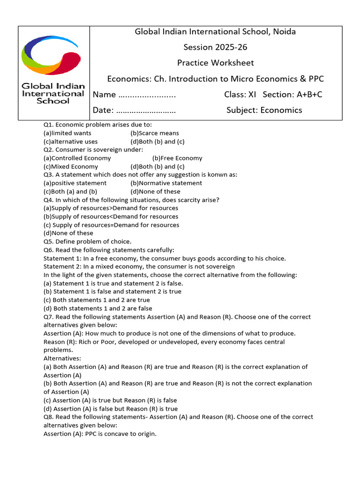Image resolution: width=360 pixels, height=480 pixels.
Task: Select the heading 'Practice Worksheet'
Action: (215, 63)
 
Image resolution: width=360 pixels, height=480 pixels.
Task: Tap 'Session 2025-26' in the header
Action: (215, 47)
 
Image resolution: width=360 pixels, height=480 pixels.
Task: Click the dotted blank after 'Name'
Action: (147, 95)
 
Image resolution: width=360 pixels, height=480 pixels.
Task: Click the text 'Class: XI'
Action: (240, 95)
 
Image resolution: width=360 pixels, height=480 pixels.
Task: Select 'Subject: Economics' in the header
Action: (264, 111)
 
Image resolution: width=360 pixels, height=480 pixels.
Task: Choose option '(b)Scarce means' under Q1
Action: (155, 133)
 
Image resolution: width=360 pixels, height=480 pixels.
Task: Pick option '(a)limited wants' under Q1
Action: (67, 133)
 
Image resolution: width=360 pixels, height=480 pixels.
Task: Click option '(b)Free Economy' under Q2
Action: (177, 158)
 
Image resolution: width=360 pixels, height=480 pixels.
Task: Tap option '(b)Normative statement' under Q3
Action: (166, 183)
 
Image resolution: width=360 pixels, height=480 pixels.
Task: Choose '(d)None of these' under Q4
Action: (68, 233)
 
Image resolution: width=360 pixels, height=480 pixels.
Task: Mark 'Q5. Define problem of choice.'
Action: (88, 241)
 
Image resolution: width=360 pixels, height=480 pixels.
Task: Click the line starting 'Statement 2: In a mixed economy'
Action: (139, 267)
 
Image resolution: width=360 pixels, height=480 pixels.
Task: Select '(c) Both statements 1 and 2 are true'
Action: (97, 300)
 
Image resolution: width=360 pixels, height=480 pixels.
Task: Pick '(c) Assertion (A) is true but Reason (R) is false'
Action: (110, 400)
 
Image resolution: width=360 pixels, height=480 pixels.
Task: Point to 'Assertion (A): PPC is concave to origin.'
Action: (100, 434)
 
